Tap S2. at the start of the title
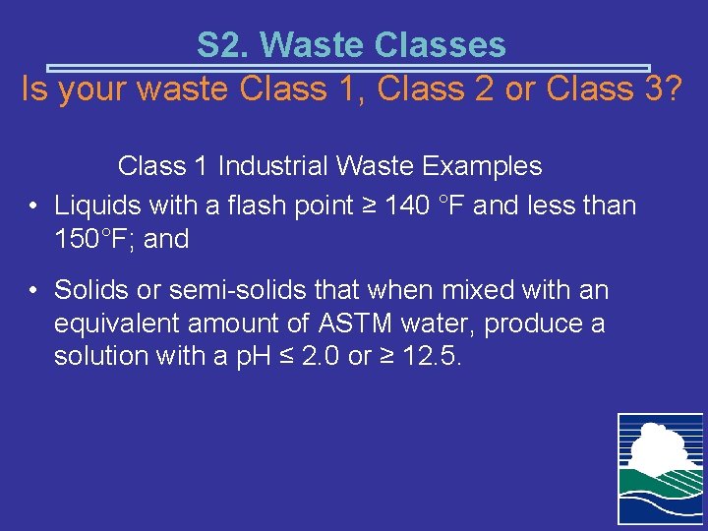(x=223, y=44)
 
